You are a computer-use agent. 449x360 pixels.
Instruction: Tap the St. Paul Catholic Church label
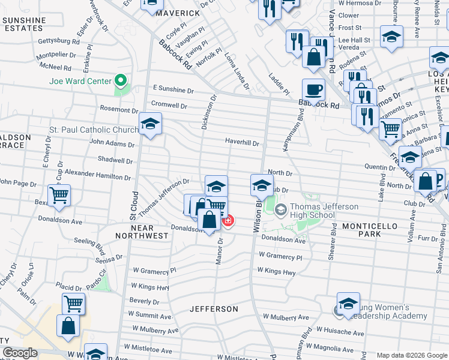click(x=94, y=130)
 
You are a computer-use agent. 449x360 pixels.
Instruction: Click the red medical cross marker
click(x=228, y=221)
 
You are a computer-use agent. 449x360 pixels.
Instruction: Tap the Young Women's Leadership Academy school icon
click(x=348, y=305)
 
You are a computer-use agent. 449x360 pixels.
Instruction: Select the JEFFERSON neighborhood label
click(x=214, y=309)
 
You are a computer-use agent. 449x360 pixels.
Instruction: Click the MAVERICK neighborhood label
click(x=178, y=13)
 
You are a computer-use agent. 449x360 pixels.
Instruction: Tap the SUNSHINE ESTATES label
click(x=24, y=24)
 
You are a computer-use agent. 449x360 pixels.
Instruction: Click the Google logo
click(x=20, y=353)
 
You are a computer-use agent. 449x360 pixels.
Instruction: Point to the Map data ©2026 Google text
click(x=411, y=355)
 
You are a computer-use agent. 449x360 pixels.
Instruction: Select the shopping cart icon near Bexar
click(x=59, y=194)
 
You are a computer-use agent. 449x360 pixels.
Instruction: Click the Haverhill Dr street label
click(x=242, y=143)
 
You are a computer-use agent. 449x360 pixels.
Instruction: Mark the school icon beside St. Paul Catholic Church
click(x=149, y=125)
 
